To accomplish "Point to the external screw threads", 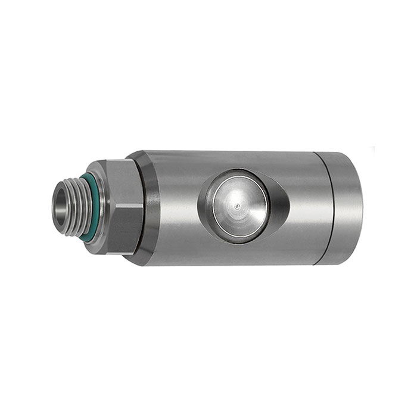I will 75,206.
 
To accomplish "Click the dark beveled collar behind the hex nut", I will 150,208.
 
